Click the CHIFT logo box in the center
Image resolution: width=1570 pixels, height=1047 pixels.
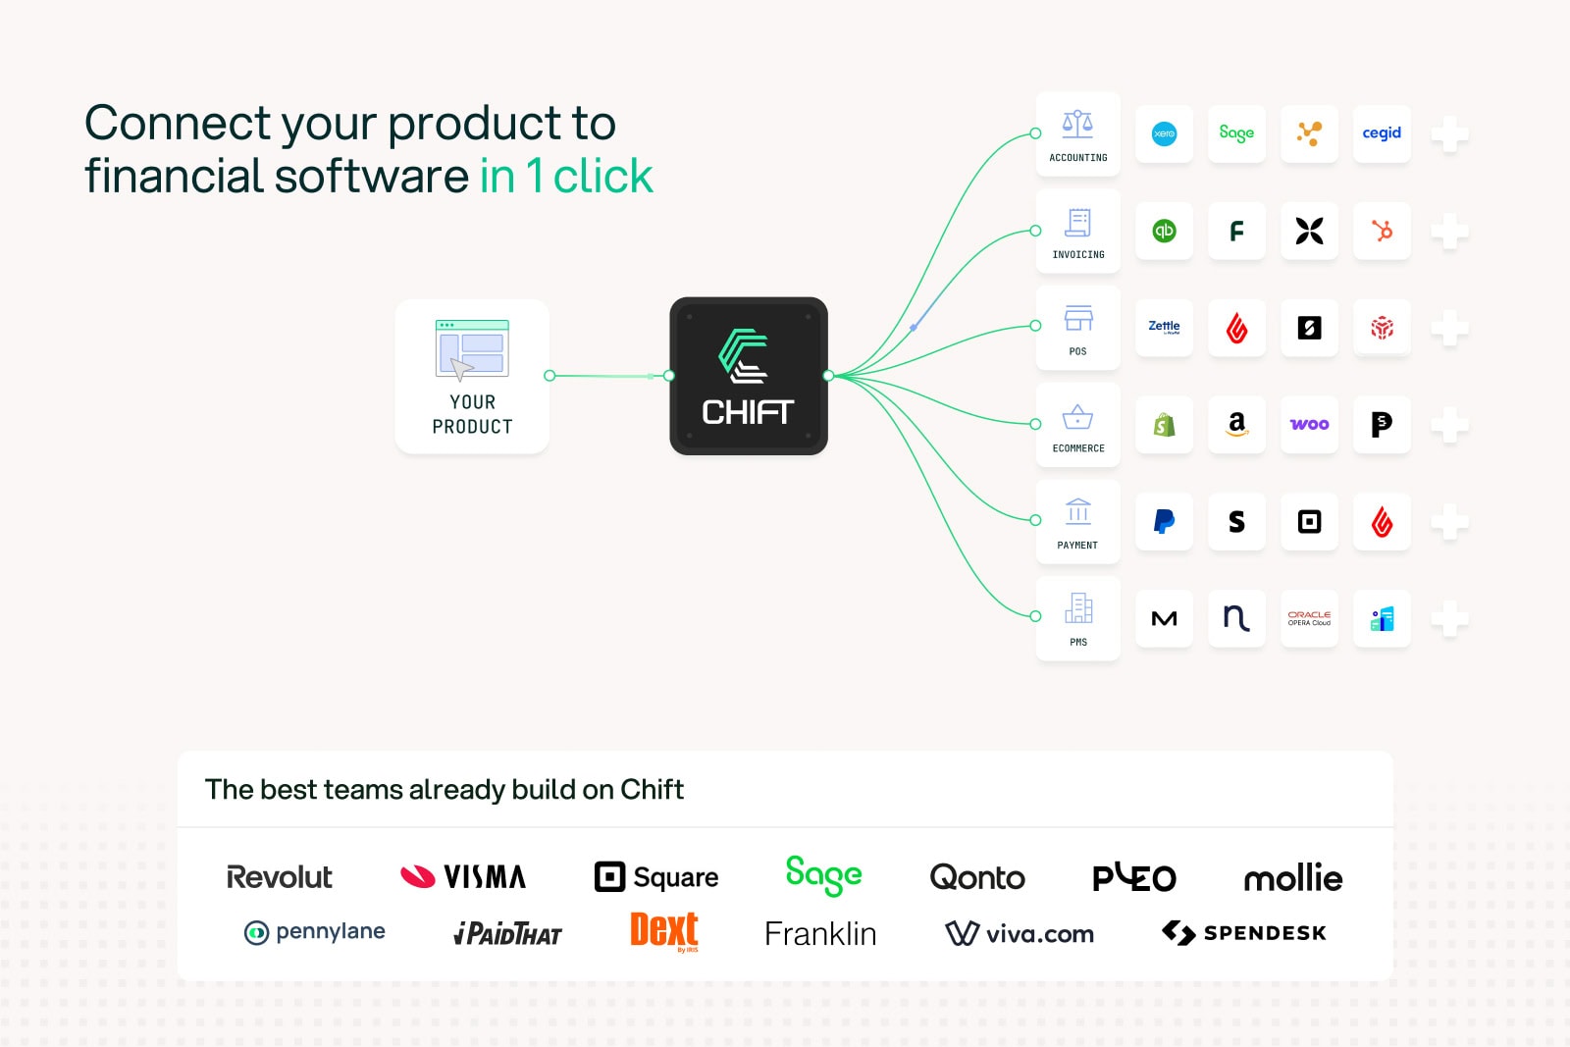pyautogui.click(x=749, y=377)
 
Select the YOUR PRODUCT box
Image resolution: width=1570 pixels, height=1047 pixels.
pyautogui.click(x=472, y=377)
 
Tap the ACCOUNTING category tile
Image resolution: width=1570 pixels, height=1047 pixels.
pyautogui.click(x=1078, y=133)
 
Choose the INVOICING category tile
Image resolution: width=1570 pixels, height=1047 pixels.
pyautogui.click(x=1078, y=231)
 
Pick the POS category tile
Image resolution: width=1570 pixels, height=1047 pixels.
pyautogui.click(x=1078, y=328)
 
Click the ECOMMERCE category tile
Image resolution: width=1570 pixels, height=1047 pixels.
pyautogui.click(x=1078, y=424)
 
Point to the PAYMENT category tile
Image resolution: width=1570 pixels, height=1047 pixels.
pyautogui.click(x=1078, y=521)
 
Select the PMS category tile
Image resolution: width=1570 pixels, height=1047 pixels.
pyautogui.click(x=1078, y=618)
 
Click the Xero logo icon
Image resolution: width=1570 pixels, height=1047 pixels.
pyautogui.click(x=1164, y=133)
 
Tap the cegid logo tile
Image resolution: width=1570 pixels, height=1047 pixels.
pyautogui.click(x=1382, y=133)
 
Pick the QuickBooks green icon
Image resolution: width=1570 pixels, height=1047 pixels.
pyautogui.click(x=1164, y=231)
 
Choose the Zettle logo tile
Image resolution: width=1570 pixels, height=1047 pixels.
pyautogui.click(x=1164, y=328)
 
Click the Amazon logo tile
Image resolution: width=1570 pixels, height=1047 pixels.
pyautogui.click(x=1237, y=424)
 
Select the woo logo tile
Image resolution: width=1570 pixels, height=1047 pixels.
pyautogui.click(x=1309, y=424)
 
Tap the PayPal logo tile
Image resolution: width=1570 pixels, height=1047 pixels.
pyautogui.click(x=1164, y=521)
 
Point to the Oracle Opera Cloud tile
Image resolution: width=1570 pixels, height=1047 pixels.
pyautogui.click(x=1309, y=618)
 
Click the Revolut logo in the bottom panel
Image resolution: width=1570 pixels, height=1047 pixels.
pyautogui.click(x=279, y=876)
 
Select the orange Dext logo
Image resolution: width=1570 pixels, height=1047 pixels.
pyautogui.click(x=663, y=931)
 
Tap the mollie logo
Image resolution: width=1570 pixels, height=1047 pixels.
pyautogui.click(x=1293, y=876)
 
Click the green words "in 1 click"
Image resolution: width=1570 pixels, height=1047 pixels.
pyautogui.click(x=566, y=176)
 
